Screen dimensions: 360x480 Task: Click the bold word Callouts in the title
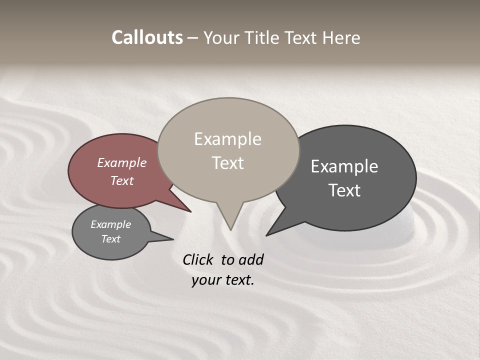pyautogui.click(x=147, y=37)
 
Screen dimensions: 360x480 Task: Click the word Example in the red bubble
pyautogui.click(x=121, y=163)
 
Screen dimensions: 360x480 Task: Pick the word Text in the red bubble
pyautogui.click(x=121, y=180)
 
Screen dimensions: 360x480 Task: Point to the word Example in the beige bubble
pyautogui.click(x=227, y=139)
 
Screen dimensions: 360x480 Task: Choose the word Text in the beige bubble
pyautogui.click(x=227, y=163)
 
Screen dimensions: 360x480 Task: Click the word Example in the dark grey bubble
pyautogui.click(x=344, y=166)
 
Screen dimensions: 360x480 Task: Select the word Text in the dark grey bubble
pyautogui.click(x=344, y=190)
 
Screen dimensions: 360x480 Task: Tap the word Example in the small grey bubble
pyautogui.click(x=110, y=224)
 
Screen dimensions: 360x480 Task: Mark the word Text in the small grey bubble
pyautogui.click(x=110, y=239)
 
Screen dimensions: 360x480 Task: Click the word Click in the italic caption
pyautogui.click(x=198, y=260)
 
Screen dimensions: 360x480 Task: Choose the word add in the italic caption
pyautogui.click(x=251, y=260)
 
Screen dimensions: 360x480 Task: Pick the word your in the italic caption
pyautogui.click(x=204, y=280)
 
